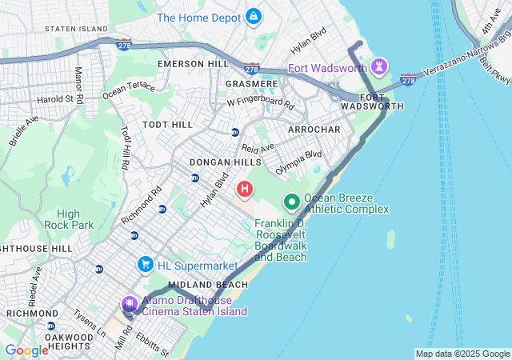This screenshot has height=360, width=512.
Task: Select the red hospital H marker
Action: pyautogui.click(x=245, y=190)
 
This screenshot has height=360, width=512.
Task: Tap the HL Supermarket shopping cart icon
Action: pyautogui.click(x=145, y=263)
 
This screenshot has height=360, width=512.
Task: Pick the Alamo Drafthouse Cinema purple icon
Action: pyautogui.click(x=129, y=304)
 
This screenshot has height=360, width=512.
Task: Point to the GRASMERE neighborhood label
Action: pyautogui.click(x=251, y=83)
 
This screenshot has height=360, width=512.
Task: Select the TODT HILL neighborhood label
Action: pyautogui.click(x=167, y=125)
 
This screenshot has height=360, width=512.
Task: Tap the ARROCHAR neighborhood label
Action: pyautogui.click(x=314, y=129)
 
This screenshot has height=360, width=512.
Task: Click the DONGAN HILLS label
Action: pyautogui.click(x=220, y=162)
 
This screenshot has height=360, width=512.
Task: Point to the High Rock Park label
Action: pyautogui.click(x=68, y=219)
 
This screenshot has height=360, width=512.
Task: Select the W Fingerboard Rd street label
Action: pyautogui.click(x=260, y=103)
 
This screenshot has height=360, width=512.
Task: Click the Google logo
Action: pyautogui.click(x=26, y=350)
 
